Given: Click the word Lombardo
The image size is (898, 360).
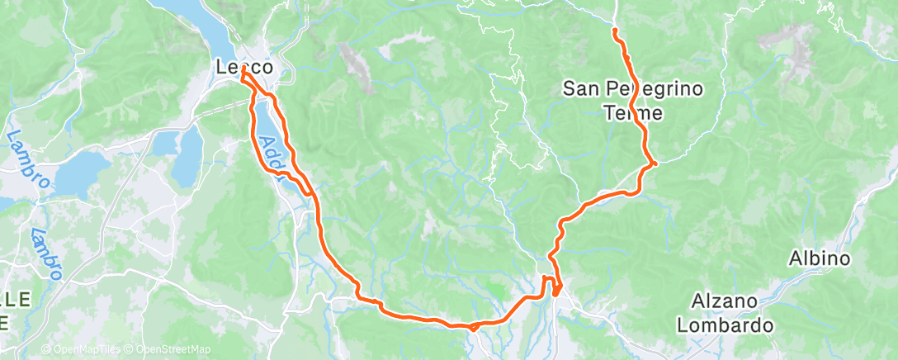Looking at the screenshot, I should [x=725, y=325].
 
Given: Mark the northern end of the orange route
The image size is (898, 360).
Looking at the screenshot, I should [x=614, y=31].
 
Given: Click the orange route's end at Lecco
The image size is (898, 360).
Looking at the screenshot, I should [x=243, y=77].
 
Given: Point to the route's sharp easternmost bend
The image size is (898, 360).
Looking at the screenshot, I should [x=654, y=163].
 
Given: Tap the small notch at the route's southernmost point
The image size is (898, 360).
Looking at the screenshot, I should [x=472, y=328].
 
